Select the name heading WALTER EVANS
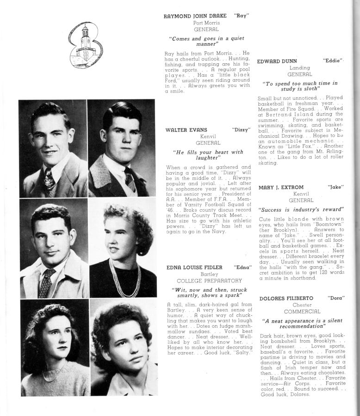tap(186, 130)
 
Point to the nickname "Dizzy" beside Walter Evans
tap(241, 130)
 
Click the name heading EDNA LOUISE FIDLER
tap(194, 267)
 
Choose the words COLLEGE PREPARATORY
tap(209, 281)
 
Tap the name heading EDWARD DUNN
tap(277, 61)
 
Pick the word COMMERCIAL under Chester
tap(302, 312)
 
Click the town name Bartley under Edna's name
tap(209, 274)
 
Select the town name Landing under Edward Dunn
tap(299, 67)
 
